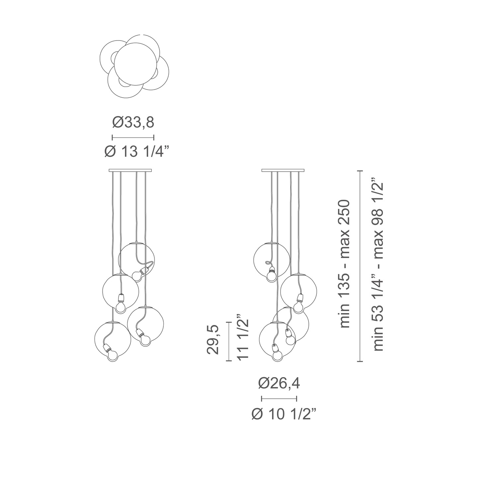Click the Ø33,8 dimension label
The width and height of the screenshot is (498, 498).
pos(133,123)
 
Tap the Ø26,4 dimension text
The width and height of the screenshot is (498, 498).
pos(279,384)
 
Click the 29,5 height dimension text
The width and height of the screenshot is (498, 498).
pos(213,340)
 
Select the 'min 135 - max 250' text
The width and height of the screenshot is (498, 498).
pos(345,264)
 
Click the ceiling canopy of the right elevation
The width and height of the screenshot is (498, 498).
pos(283,171)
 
